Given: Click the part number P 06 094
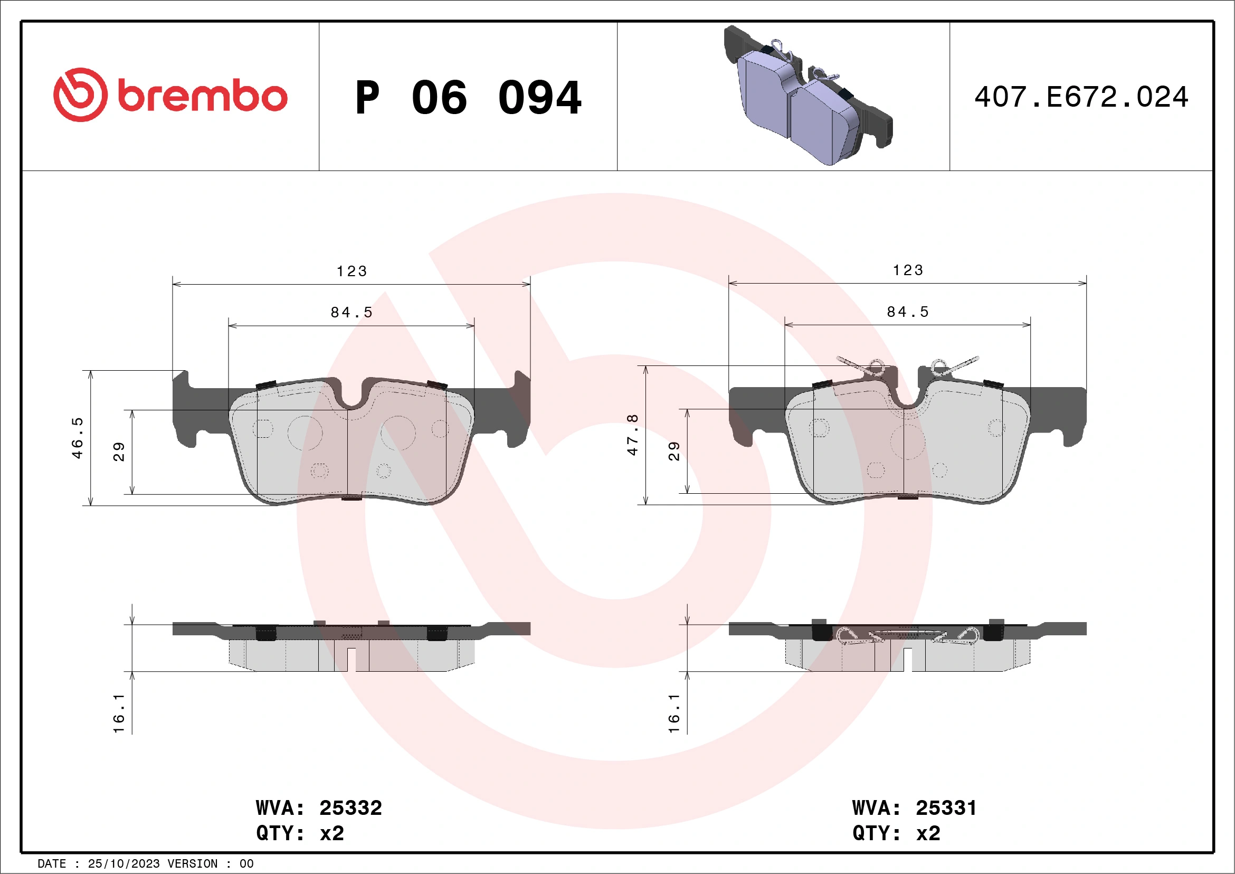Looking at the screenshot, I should (468, 98).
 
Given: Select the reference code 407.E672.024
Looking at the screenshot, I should (1081, 97).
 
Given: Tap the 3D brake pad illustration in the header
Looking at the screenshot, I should (807, 96).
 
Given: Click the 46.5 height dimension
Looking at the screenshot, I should (78, 438).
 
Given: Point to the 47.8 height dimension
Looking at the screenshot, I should (633, 435).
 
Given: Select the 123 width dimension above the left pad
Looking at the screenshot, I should (352, 271).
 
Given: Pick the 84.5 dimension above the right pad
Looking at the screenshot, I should (908, 312).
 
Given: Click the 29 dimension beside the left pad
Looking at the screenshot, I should (119, 452).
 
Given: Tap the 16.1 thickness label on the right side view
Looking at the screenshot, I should (674, 713).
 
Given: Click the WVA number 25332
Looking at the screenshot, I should (350, 808).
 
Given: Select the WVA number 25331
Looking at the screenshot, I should (946, 808).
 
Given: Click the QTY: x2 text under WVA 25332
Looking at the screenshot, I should (300, 833).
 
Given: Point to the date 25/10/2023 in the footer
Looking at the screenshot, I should (123, 864).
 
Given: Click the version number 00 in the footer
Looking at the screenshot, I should (246, 864).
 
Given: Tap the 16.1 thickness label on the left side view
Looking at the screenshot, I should (119, 713).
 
